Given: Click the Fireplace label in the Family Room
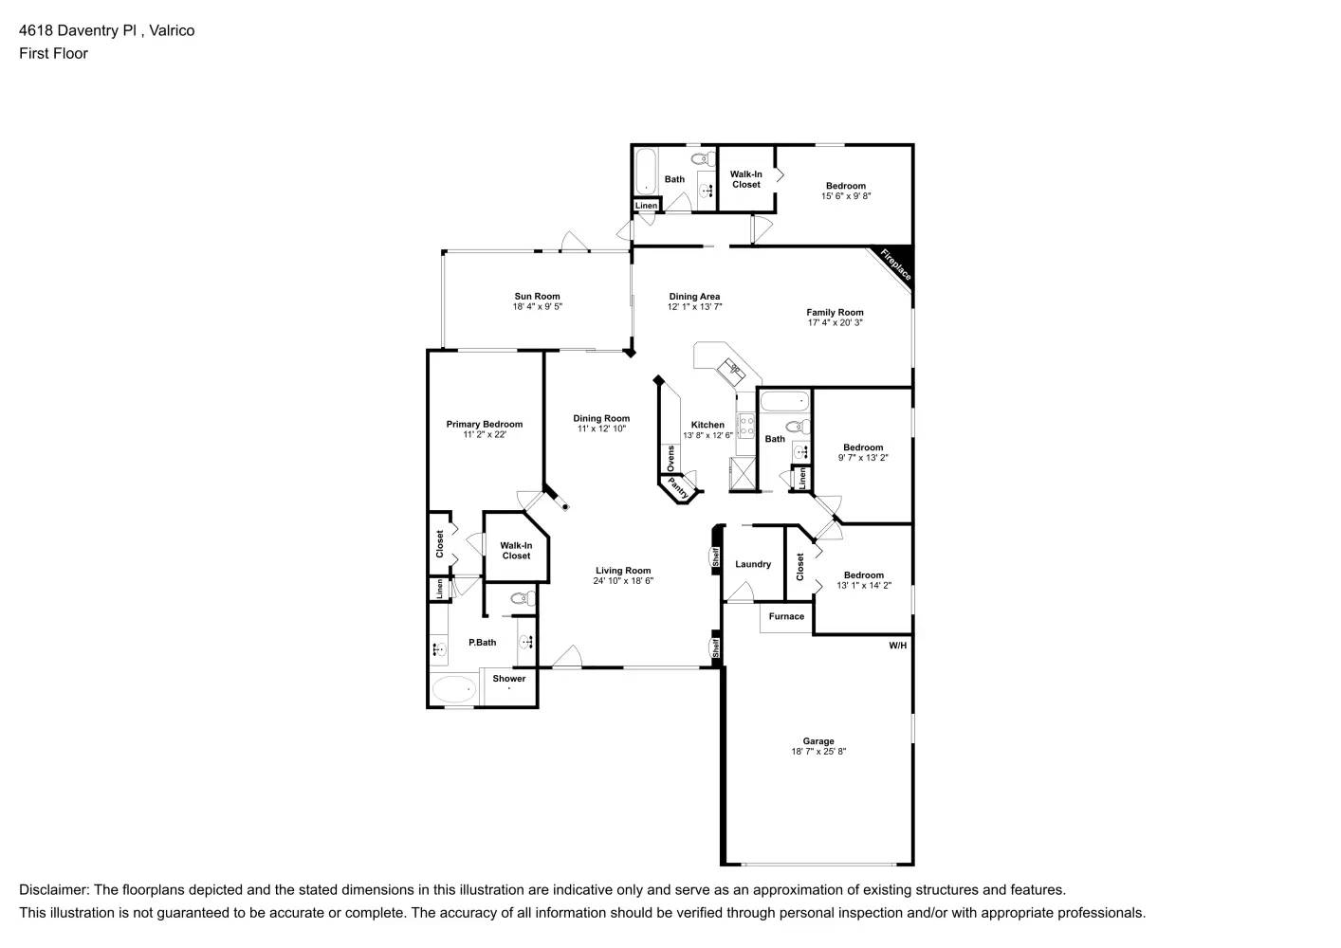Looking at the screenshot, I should (x=895, y=264).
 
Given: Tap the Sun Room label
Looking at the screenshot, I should (x=537, y=297).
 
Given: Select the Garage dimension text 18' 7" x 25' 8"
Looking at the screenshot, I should (x=818, y=752).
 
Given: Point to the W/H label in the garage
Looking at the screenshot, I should (x=897, y=646).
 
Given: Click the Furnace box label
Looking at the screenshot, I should (x=786, y=617).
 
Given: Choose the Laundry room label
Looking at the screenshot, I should (x=753, y=565).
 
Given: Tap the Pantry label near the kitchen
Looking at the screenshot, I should (x=678, y=488).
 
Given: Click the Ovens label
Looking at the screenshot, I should (x=670, y=459).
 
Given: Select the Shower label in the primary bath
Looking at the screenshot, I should (x=509, y=679).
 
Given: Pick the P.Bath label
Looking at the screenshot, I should (x=483, y=643).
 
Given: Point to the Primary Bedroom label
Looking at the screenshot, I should (x=485, y=425).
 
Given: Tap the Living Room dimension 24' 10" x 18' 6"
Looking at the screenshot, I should (x=623, y=581).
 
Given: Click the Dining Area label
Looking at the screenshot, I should (x=694, y=297).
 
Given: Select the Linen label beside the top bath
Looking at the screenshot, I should (x=646, y=206).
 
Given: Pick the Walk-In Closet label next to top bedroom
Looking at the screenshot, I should (x=746, y=179).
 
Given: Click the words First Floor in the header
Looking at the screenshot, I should (x=53, y=53).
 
